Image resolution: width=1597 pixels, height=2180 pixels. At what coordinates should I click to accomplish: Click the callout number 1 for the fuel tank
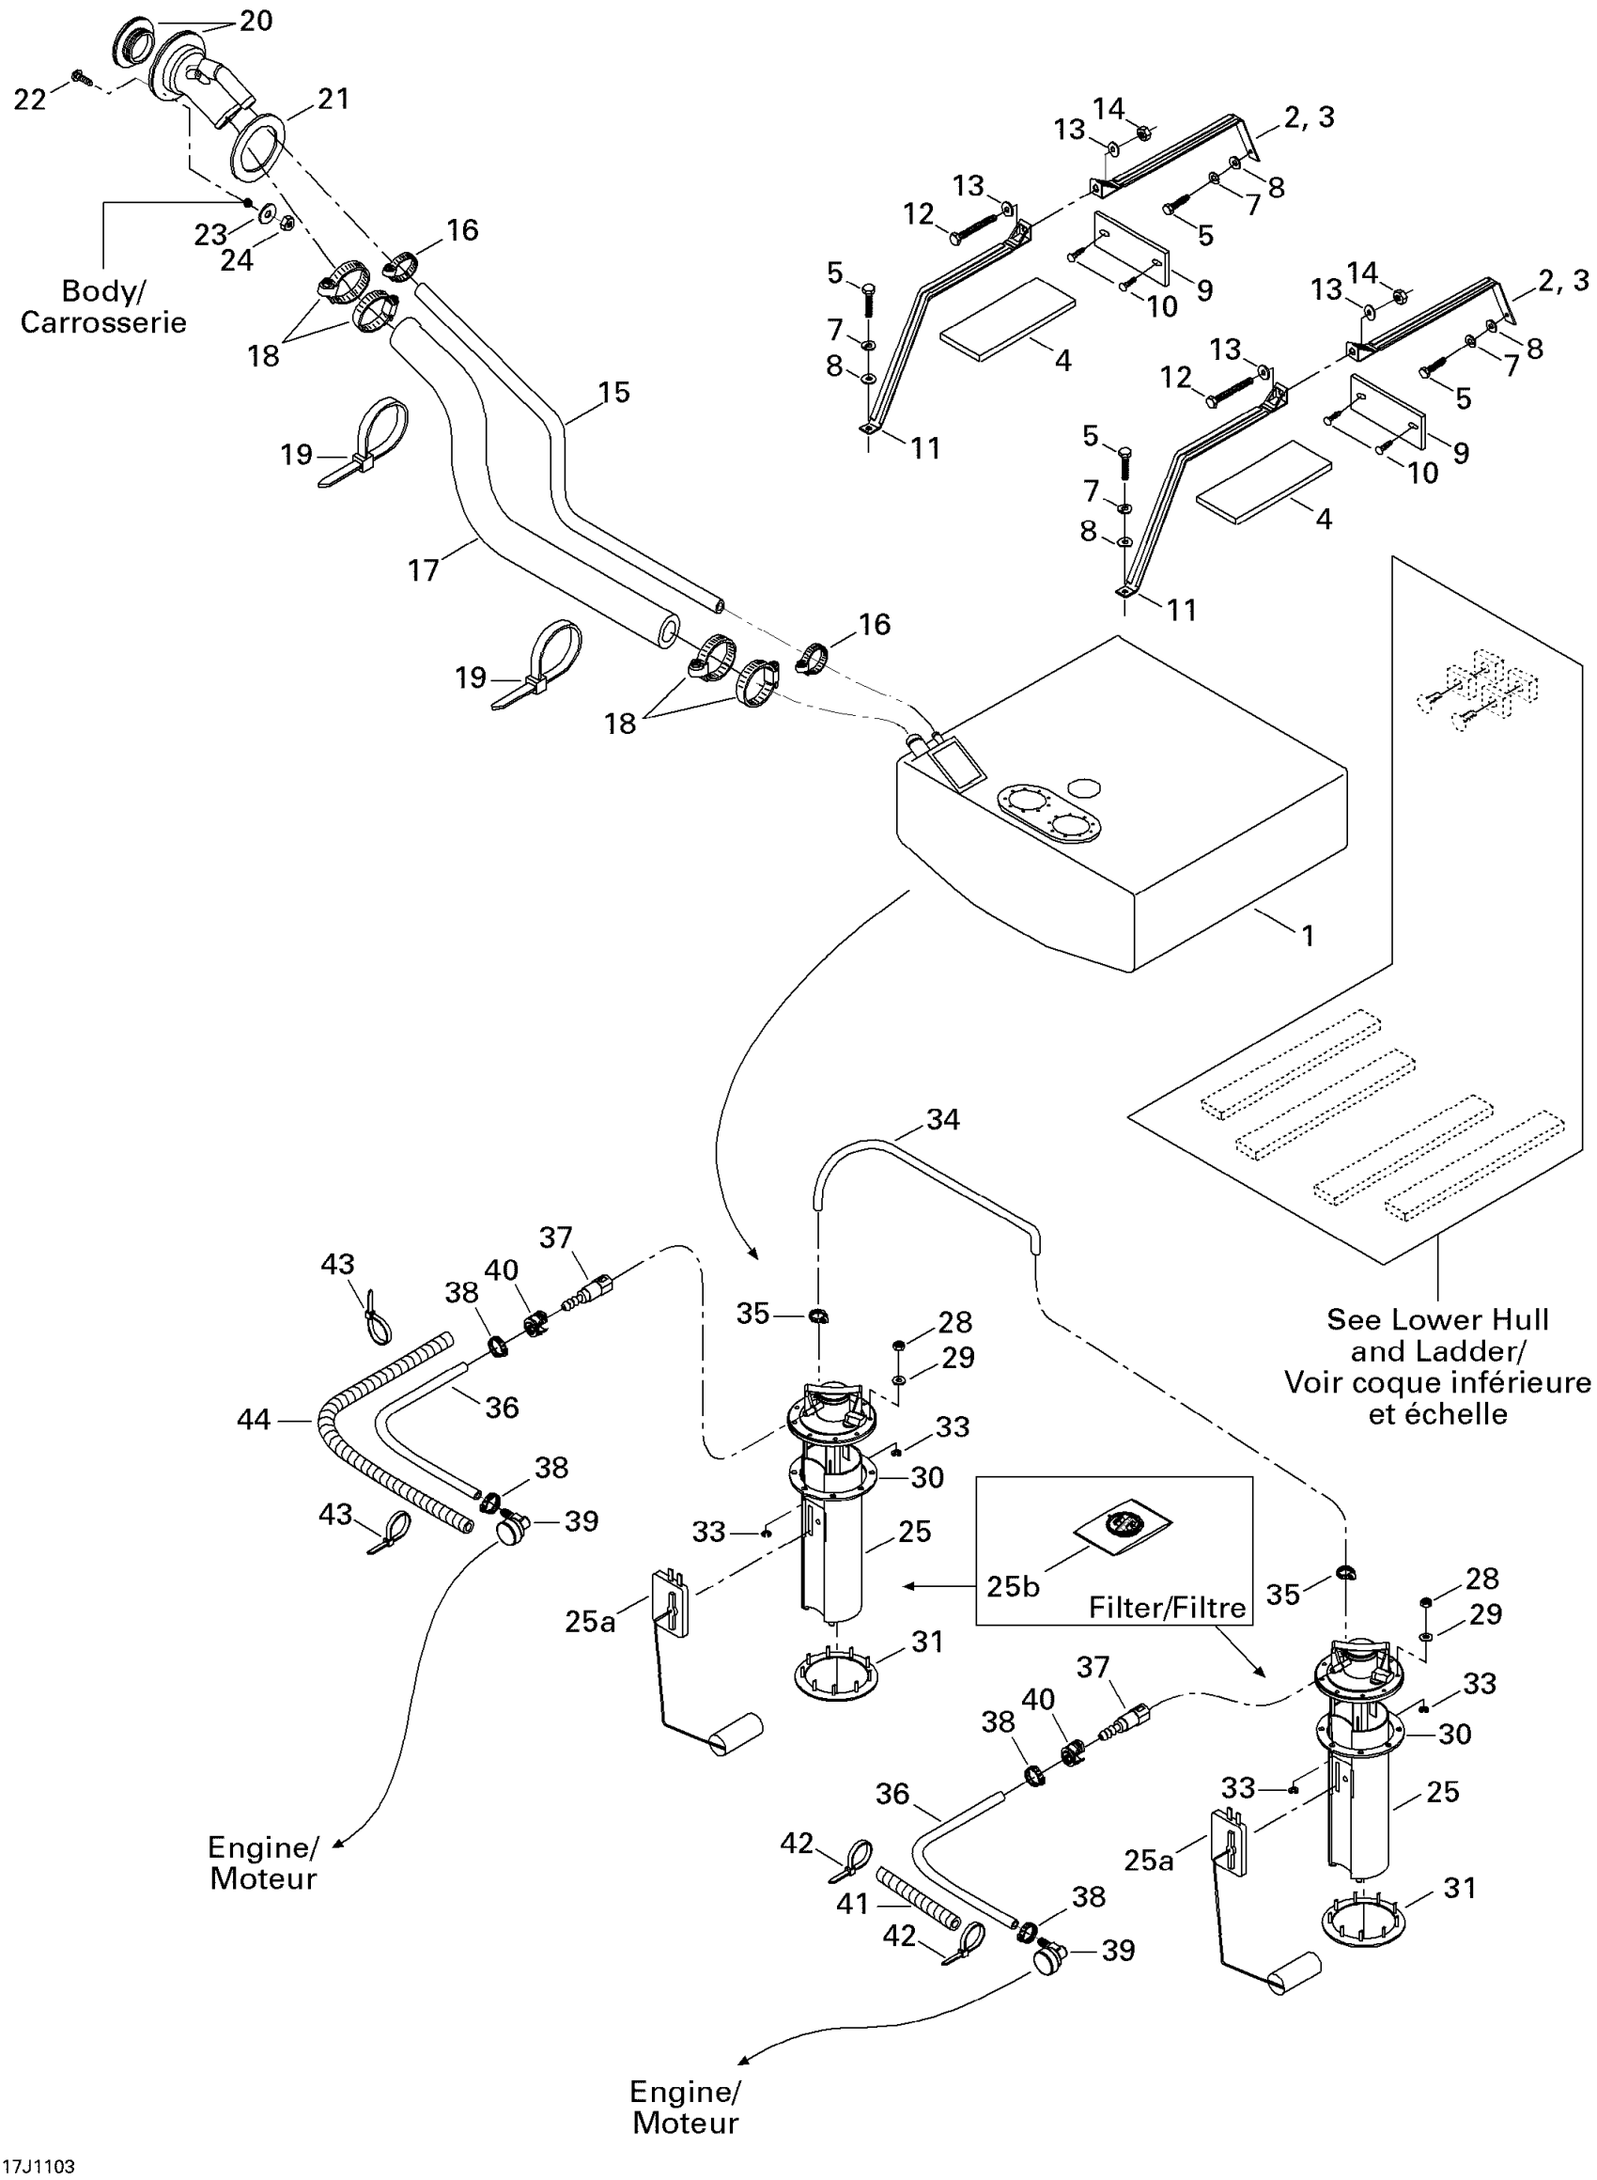pos(1307,936)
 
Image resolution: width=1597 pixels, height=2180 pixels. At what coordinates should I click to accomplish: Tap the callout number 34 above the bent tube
pos(942,1119)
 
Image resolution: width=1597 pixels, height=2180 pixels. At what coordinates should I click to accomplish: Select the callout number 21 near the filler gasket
pos(333,99)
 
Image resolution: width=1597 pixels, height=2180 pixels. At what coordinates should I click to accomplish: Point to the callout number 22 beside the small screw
pos(30,99)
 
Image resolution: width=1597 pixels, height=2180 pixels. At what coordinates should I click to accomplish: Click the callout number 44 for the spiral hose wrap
pos(254,1420)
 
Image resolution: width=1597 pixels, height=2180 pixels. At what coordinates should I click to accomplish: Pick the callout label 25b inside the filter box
pos(1013,1586)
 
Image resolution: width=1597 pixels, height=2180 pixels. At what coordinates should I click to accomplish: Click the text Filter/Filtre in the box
pos(1167,1608)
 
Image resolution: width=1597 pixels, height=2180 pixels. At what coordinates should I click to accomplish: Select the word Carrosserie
pos(103,322)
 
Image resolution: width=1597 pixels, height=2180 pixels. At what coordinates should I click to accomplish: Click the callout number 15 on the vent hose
pos(613,393)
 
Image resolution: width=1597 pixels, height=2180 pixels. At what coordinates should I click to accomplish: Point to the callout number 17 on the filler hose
pos(424,570)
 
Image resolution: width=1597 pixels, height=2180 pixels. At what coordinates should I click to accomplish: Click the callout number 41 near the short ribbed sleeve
pos(853,1905)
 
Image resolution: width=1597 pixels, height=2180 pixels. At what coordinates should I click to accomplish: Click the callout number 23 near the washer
pos(209,234)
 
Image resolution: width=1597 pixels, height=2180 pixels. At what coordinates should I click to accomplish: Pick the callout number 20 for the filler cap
pos(256,21)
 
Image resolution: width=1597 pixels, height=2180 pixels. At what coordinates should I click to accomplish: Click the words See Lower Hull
pos(1437,1319)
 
